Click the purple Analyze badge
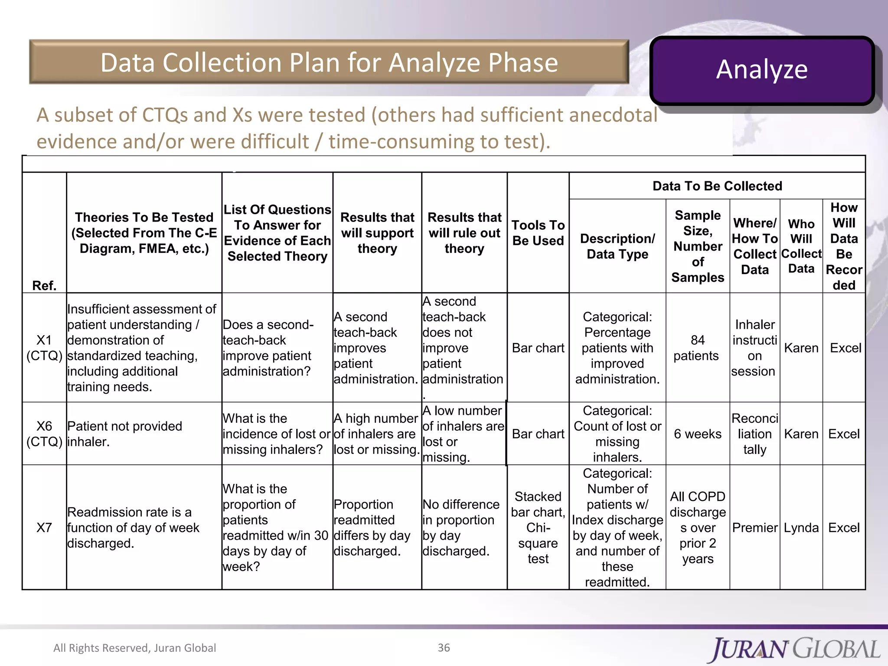tap(762, 70)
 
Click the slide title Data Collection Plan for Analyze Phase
tap(329, 62)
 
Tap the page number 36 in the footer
tap(444, 647)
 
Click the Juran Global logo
tap(795, 649)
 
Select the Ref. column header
tap(44, 285)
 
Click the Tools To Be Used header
tap(538, 233)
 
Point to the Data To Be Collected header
tap(717, 186)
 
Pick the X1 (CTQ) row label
tap(44, 348)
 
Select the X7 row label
tap(44, 528)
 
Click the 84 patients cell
tap(697, 348)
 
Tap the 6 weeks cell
tap(697, 434)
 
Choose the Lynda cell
tap(801, 528)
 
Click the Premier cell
tap(754, 528)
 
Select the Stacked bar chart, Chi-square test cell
tap(538, 528)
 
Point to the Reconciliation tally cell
tap(754, 434)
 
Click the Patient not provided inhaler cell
tap(125, 434)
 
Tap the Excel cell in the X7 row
tap(844, 528)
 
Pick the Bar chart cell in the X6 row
tap(538, 434)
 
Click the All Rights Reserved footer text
tap(134, 648)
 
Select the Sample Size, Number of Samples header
tap(697, 246)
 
